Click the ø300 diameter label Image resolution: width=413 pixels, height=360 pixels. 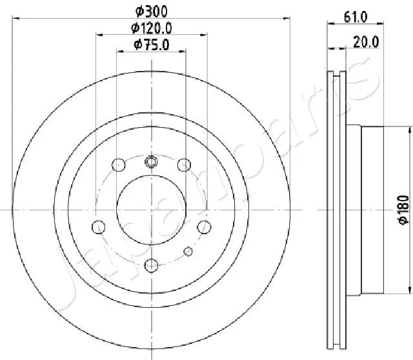[150, 10]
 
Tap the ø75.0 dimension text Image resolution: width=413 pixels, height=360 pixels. [151, 45]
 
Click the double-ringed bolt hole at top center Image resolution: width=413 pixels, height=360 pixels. [151, 161]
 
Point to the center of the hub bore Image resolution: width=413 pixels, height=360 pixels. [151, 210]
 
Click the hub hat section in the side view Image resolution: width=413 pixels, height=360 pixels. [373, 210]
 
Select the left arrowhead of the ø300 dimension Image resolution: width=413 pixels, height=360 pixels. [15, 17]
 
